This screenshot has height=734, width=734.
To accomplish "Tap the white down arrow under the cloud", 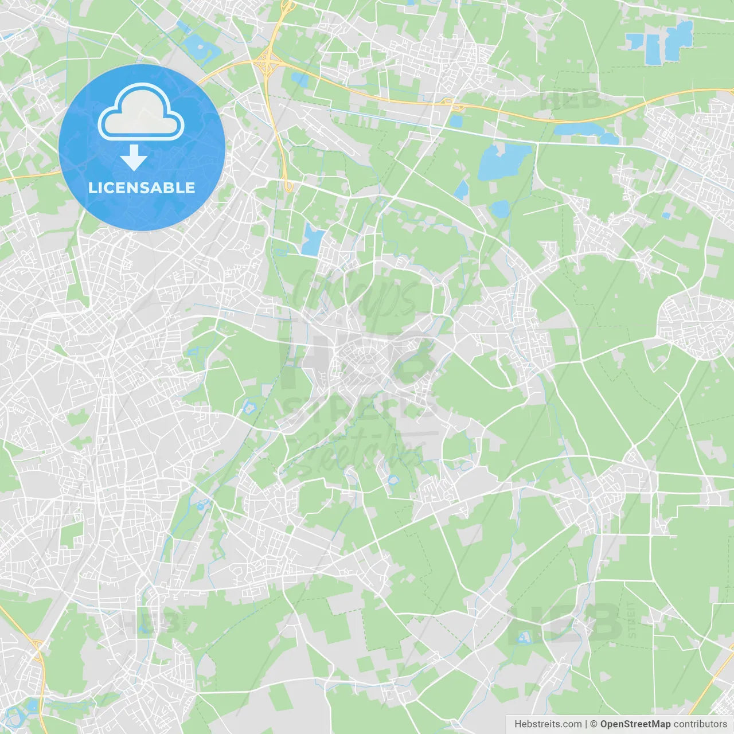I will (134, 158).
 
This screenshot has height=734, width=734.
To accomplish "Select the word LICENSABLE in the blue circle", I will (142, 188).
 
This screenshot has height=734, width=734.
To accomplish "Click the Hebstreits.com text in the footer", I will (548, 724).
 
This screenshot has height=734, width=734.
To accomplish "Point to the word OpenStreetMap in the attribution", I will (635, 724).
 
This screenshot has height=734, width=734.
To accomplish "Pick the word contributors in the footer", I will (700, 724).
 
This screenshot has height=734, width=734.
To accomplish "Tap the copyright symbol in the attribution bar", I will (594, 724).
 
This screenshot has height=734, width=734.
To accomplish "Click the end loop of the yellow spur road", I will (288, 186).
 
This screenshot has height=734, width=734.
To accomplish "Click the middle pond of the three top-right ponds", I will (653, 49).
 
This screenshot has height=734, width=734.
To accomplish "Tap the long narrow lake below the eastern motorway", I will (585, 132).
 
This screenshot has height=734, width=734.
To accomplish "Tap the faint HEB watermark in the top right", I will (571, 100).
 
